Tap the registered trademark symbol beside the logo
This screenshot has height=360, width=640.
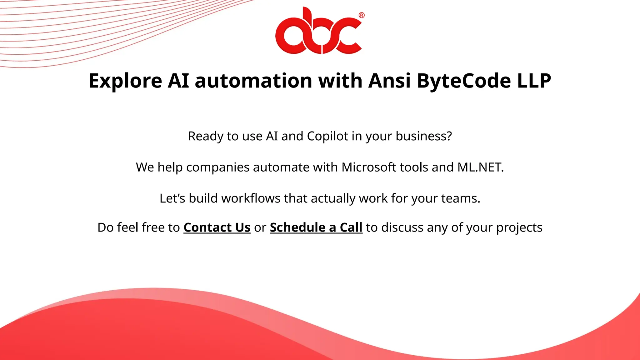(x=361, y=15)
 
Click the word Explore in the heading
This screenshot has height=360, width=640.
(x=125, y=81)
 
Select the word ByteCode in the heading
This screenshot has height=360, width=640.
(x=464, y=81)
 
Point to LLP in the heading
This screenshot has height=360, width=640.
(x=534, y=81)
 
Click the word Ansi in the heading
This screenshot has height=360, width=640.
(x=389, y=81)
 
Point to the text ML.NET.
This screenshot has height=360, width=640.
(x=480, y=167)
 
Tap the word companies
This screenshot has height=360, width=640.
(x=218, y=167)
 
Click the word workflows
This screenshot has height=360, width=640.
(x=251, y=198)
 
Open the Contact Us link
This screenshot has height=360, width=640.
(x=217, y=227)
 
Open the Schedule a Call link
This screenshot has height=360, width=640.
(x=316, y=227)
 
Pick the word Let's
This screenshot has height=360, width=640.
(x=172, y=198)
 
